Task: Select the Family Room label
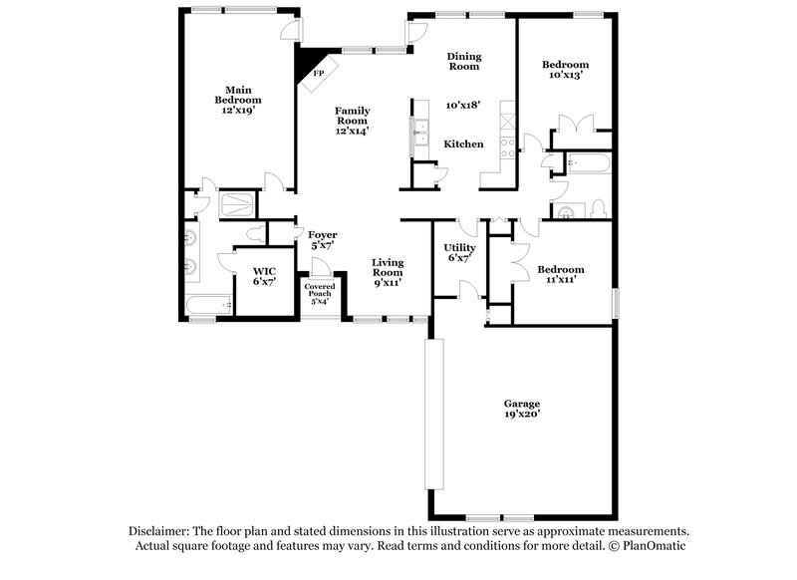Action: tap(352, 120)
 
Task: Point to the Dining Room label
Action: tap(463, 62)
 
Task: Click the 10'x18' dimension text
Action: tap(463, 104)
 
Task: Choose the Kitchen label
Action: tap(463, 145)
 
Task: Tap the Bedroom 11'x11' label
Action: tap(560, 274)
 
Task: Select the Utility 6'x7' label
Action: tap(459, 252)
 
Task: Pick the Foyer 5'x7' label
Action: tap(322, 239)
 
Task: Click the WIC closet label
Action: tap(264, 276)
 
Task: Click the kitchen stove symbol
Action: tap(506, 148)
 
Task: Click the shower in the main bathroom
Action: tap(237, 204)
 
